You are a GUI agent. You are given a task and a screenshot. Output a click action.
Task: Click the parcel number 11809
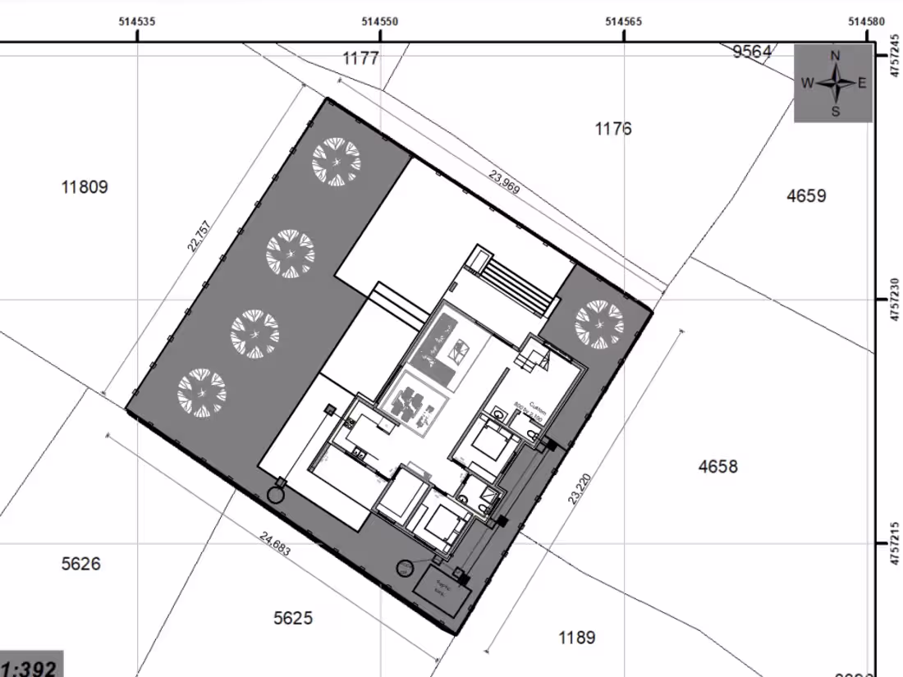(x=85, y=187)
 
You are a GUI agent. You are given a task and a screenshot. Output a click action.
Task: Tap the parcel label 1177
(x=360, y=58)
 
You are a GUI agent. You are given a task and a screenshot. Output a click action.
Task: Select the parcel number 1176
(x=613, y=129)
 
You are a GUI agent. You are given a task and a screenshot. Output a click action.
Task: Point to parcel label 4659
(x=806, y=195)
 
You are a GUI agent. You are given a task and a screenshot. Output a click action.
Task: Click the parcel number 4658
(x=717, y=467)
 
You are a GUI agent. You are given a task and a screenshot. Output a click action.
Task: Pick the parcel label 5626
(x=81, y=564)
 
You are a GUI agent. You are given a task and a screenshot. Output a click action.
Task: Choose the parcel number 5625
(x=293, y=618)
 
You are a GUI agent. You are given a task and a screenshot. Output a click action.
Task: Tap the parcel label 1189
(x=576, y=638)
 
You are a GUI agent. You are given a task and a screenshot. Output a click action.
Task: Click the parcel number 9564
(x=752, y=52)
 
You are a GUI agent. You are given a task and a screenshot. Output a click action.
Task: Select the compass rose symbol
(x=834, y=83)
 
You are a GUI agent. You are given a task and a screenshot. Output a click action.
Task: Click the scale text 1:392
(x=30, y=667)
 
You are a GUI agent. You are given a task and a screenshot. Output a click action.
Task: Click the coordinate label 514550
(x=380, y=22)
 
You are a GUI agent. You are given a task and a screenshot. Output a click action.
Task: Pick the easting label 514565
(x=624, y=22)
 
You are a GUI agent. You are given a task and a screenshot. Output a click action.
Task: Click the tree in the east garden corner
(x=598, y=324)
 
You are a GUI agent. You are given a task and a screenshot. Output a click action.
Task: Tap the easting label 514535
(x=137, y=22)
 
